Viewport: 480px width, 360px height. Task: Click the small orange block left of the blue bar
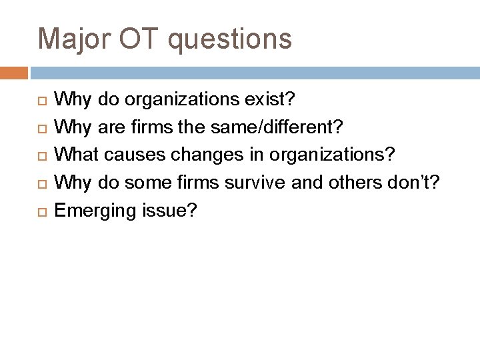14,72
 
